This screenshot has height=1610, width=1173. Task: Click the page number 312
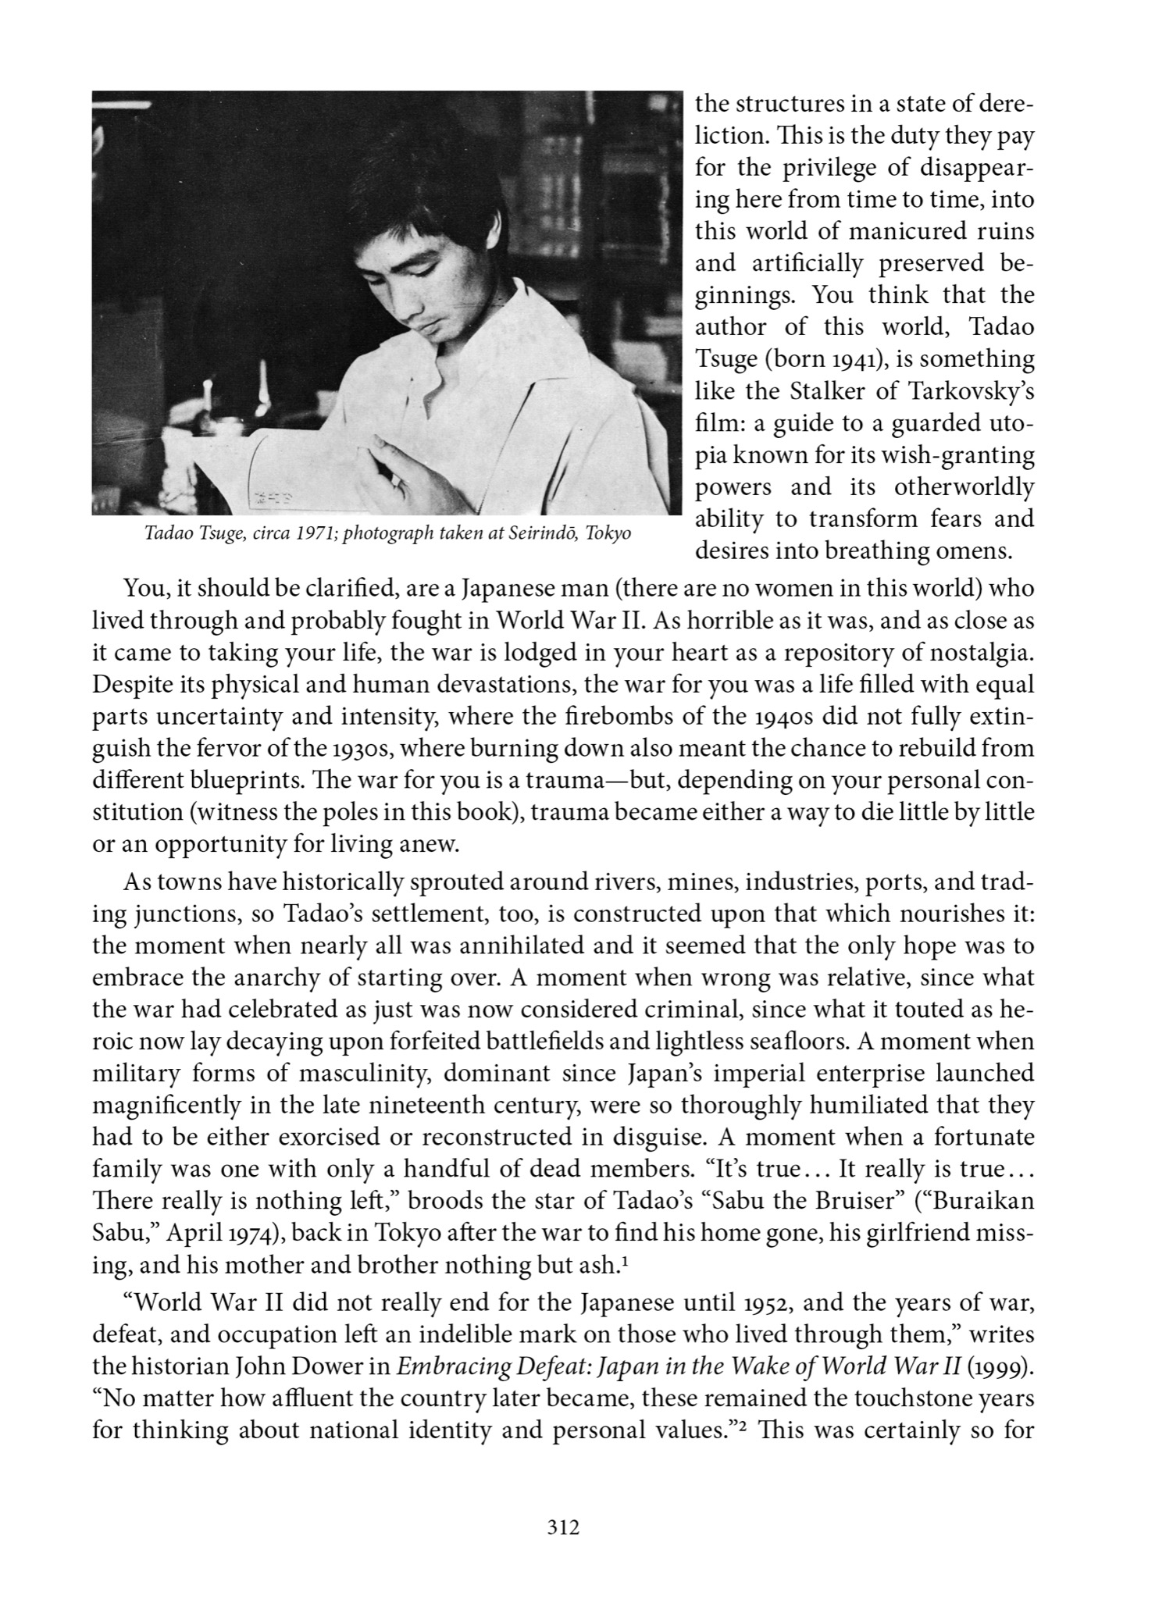coord(563,1528)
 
